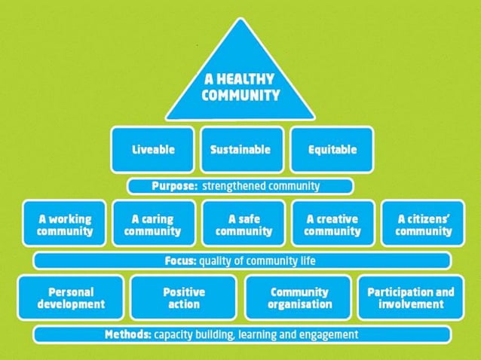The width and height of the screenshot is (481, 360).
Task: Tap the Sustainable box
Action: tap(240, 148)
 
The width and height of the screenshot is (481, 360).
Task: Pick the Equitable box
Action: tap(332, 148)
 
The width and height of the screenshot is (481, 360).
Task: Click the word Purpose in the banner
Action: tap(174, 185)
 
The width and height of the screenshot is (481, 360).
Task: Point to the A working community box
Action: tap(66, 224)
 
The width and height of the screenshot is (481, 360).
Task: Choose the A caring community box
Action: tap(153, 224)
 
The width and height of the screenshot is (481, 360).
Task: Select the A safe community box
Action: tap(244, 224)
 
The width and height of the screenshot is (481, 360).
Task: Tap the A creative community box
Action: tap(332, 224)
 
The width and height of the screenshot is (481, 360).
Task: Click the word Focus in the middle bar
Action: tap(179, 261)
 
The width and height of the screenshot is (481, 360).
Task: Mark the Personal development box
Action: tap(70, 297)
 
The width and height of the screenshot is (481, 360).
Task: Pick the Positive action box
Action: tap(184, 297)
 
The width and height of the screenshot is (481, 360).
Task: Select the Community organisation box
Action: tap(299, 297)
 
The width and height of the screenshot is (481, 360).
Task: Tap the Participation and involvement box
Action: tap(411, 297)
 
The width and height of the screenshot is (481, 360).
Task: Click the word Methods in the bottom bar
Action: tap(128, 334)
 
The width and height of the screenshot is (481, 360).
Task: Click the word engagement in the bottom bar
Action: tap(329, 334)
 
